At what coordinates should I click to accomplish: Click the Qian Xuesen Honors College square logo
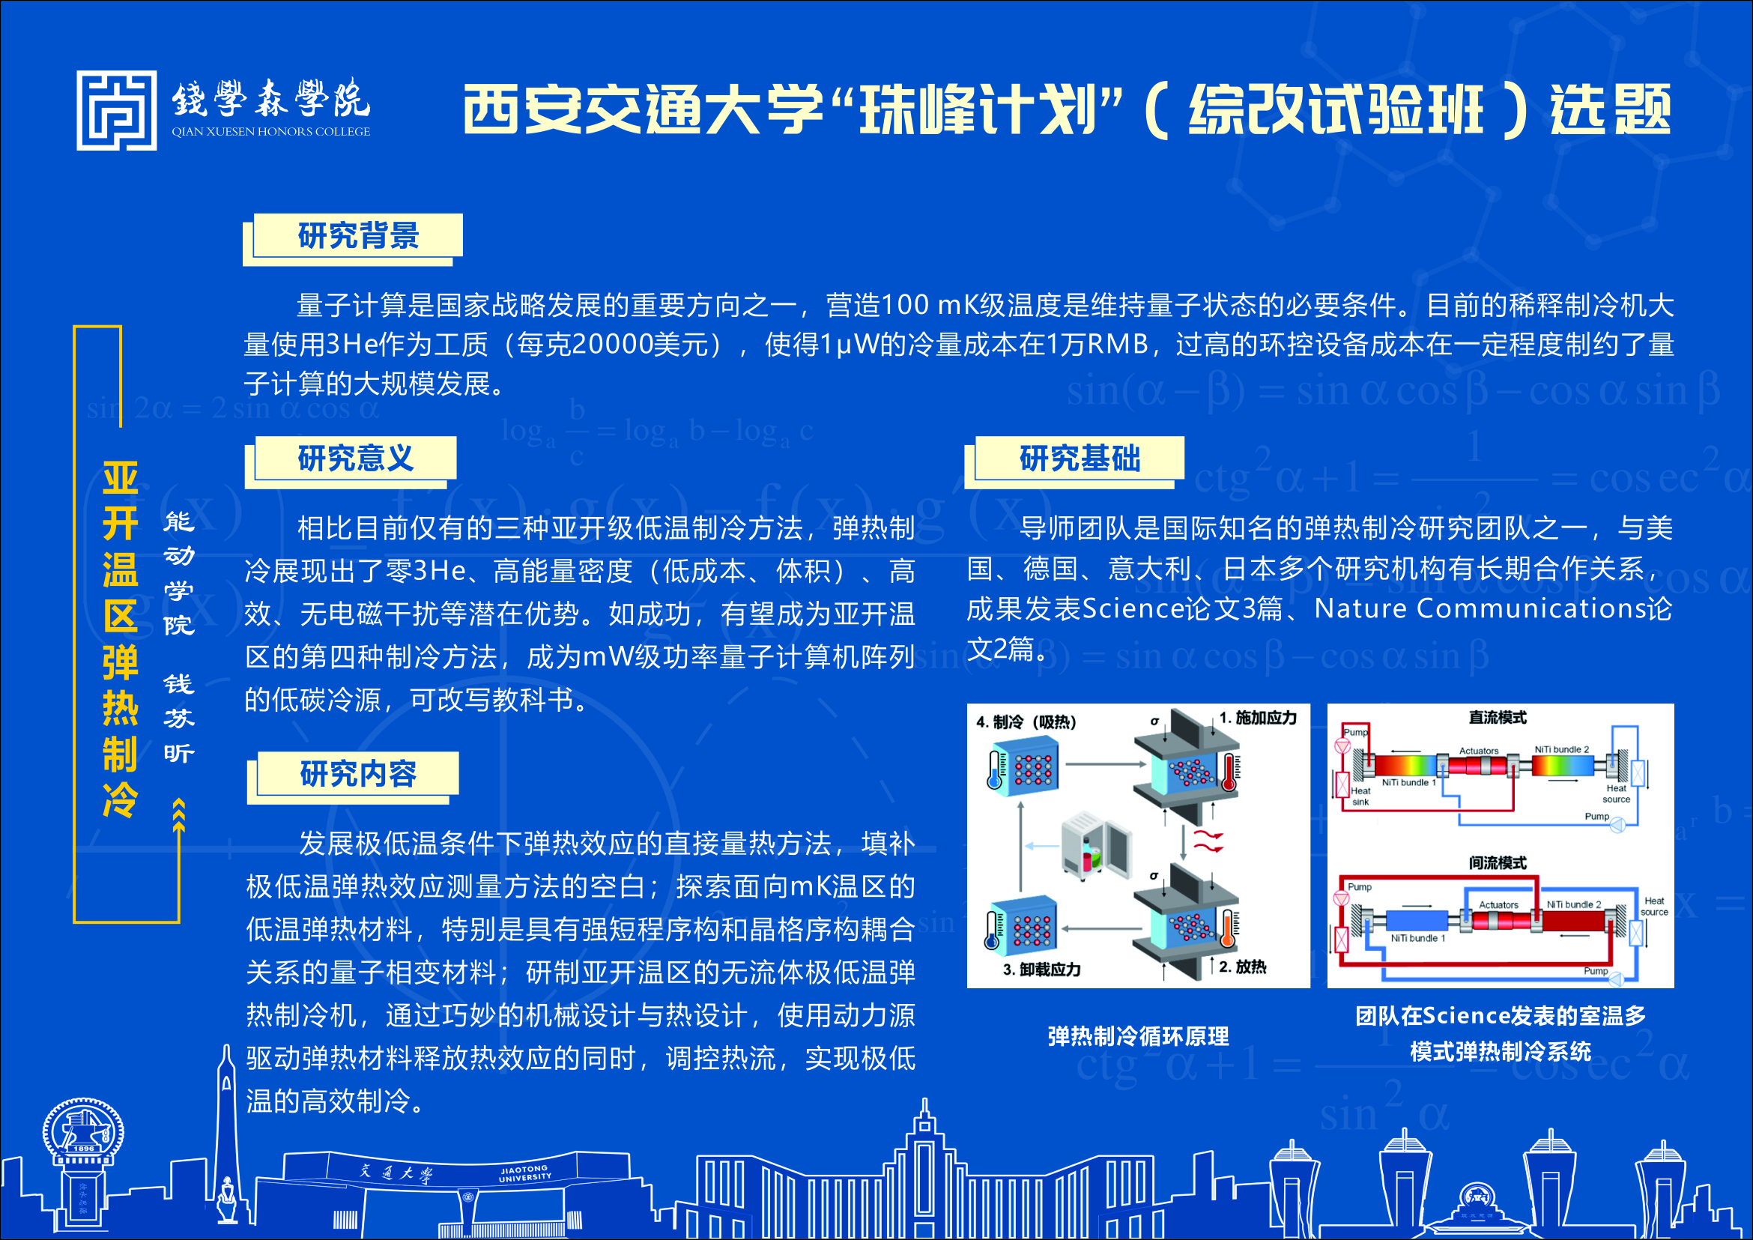click(117, 111)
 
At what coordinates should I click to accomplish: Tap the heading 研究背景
click(358, 236)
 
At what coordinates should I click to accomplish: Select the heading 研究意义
click(356, 459)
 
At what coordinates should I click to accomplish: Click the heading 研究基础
click(1080, 459)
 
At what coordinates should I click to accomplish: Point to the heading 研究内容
click(358, 774)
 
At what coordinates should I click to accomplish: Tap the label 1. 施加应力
click(1258, 718)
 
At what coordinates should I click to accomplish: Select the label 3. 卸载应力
click(1042, 970)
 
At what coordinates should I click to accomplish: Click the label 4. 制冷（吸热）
click(1026, 722)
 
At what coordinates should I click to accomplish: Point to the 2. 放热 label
click(1242, 967)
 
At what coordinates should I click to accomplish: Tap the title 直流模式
click(1498, 718)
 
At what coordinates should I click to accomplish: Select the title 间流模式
click(1498, 863)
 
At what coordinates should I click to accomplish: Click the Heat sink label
click(1360, 796)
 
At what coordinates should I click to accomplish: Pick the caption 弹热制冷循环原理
click(1139, 1036)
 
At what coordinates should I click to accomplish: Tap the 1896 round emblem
click(83, 1131)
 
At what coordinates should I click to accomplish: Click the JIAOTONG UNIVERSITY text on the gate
click(524, 1173)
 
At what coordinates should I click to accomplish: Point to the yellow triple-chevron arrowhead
click(180, 814)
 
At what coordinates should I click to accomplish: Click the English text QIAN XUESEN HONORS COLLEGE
click(271, 131)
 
